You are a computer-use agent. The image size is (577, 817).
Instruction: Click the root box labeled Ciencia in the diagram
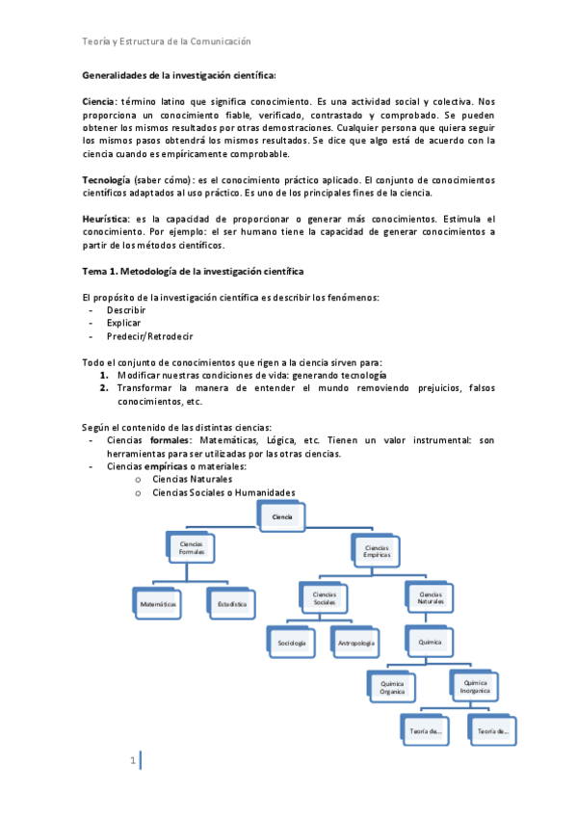tap(283, 515)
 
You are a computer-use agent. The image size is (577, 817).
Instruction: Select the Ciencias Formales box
tap(193, 548)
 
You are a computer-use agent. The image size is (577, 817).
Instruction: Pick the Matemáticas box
tap(157, 603)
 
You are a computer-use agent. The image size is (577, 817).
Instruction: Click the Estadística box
tap(232, 603)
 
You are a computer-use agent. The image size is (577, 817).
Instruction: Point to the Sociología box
tap(292, 642)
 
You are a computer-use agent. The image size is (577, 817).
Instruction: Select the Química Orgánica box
tap(392, 687)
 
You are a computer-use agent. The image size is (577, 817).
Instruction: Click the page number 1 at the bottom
tap(133, 761)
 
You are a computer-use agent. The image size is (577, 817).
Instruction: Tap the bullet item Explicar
tap(124, 323)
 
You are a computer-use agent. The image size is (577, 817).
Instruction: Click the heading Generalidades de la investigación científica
tap(179, 75)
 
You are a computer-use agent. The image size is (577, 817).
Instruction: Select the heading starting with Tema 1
tap(193, 273)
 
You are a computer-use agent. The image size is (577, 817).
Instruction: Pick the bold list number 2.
tap(103, 387)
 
